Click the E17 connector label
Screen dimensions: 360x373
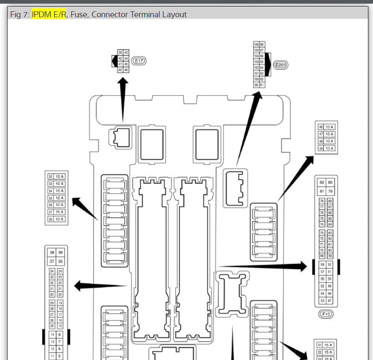[x=139, y=61]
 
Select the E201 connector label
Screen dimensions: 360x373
[x=281, y=65]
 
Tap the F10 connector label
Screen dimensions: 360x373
[x=326, y=313]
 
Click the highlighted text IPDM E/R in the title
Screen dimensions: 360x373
[x=49, y=15]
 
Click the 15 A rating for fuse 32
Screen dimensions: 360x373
[x=59, y=177]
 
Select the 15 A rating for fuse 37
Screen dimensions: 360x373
[x=59, y=212]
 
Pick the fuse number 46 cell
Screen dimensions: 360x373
[x=321, y=127]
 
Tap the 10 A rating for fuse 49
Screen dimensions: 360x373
[x=329, y=148]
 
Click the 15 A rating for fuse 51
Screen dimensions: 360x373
[x=328, y=345]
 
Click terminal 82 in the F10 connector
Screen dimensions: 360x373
[x=322, y=182]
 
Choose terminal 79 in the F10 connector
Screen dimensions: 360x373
[x=330, y=192]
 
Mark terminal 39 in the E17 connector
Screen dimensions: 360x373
[x=120, y=52]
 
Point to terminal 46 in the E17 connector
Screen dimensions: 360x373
[x=126, y=70]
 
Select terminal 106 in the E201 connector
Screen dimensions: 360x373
[x=256, y=44]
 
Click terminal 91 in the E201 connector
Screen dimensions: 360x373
[x=262, y=85]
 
